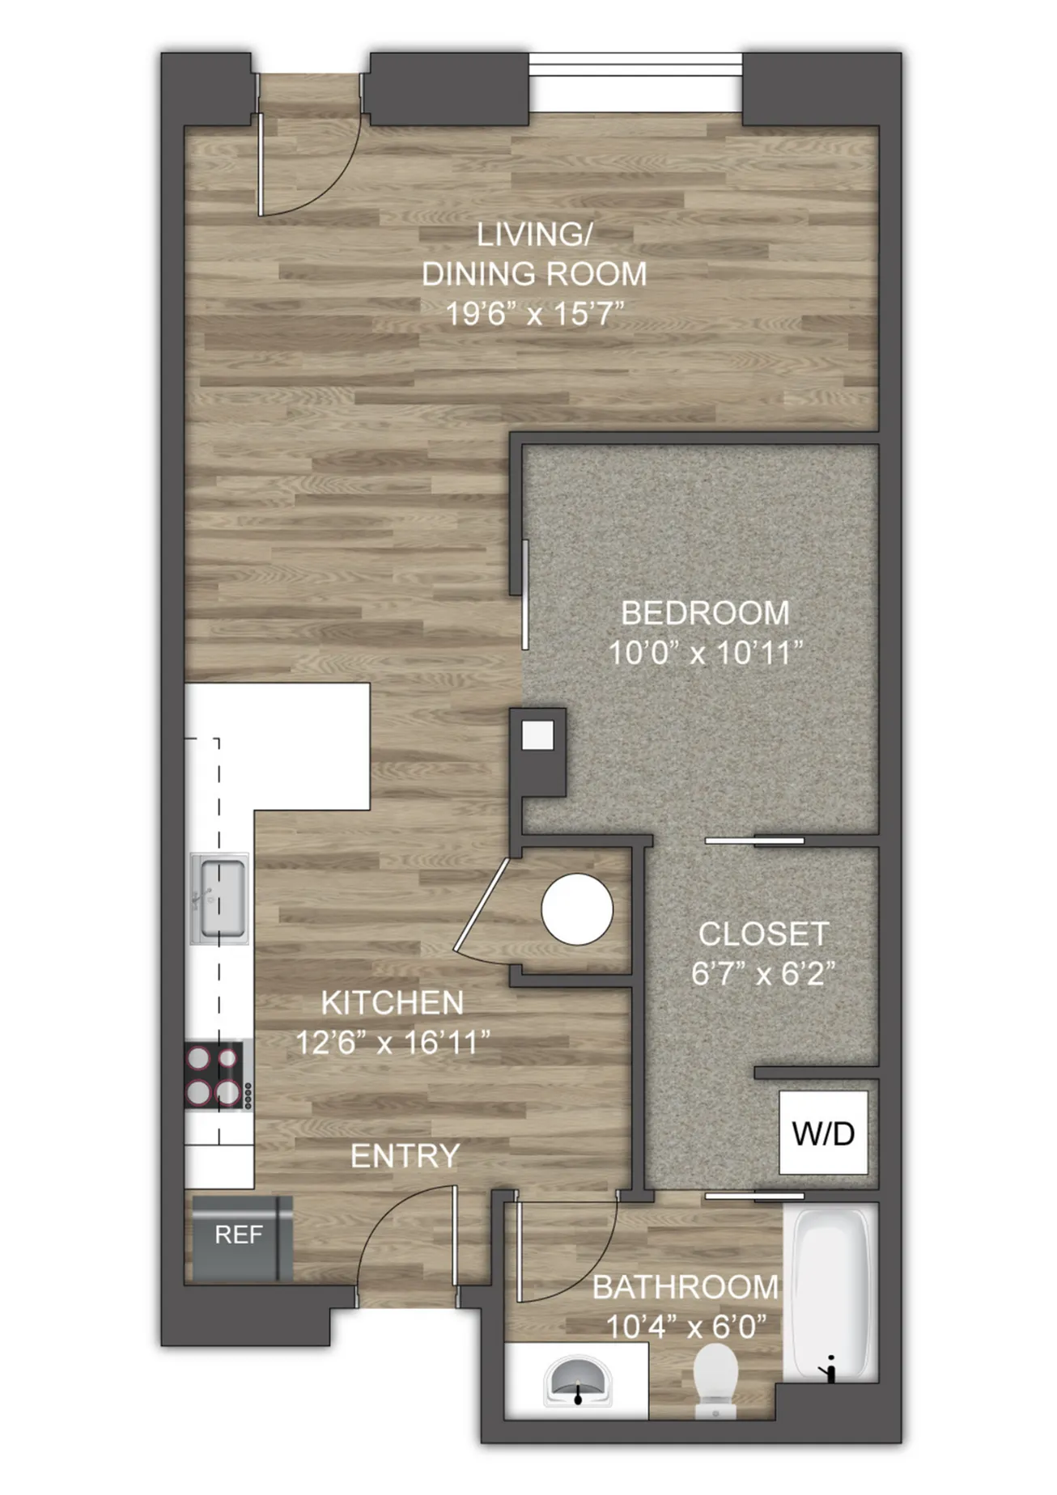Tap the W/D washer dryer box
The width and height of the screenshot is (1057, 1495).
(x=824, y=1133)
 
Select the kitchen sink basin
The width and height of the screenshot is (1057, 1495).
(x=220, y=898)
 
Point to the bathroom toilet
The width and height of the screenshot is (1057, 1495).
(x=716, y=1380)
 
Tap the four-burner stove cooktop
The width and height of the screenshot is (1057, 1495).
(x=214, y=1076)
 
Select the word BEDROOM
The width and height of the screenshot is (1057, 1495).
(x=705, y=613)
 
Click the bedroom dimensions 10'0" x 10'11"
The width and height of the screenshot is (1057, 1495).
(x=705, y=653)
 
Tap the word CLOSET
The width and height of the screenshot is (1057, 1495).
(x=763, y=934)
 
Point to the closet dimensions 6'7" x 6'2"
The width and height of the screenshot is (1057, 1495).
(x=763, y=973)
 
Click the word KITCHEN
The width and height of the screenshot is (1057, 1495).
(x=393, y=1003)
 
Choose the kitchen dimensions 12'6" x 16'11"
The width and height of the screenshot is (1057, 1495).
(x=393, y=1043)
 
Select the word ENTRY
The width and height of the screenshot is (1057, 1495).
(x=405, y=1156)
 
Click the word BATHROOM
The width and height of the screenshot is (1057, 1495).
(x=686, y=1287)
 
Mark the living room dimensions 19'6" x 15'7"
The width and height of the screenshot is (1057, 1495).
(x=535, y=313)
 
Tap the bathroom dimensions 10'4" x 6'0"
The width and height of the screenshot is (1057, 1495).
(x=686, y=1327)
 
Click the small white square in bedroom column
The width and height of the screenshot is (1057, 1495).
(x=537, y=735)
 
